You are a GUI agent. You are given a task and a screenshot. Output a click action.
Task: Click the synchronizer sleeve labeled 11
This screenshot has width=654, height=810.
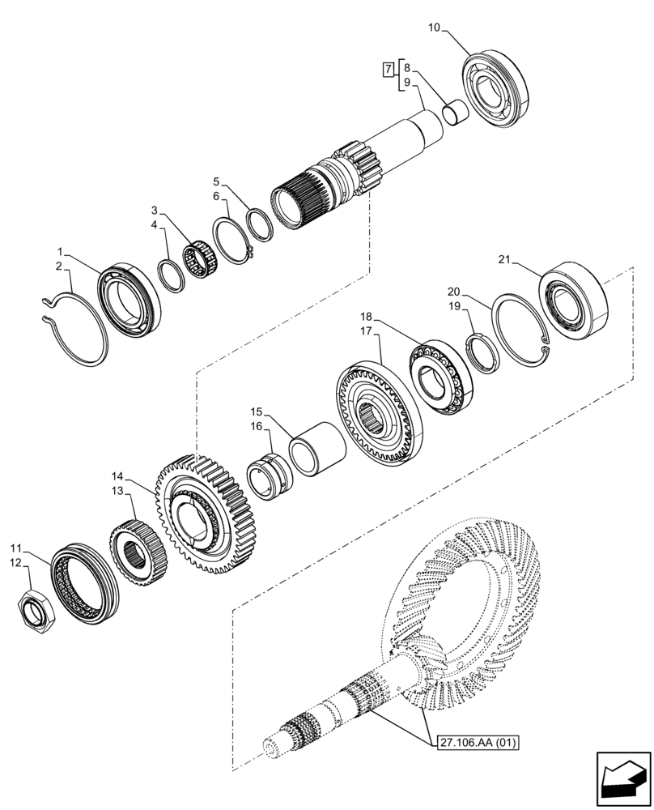coord(81,581)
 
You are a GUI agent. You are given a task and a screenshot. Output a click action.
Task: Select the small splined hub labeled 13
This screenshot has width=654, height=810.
coord(140,548)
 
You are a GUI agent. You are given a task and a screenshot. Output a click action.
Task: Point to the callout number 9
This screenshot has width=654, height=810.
coord(406,82)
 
